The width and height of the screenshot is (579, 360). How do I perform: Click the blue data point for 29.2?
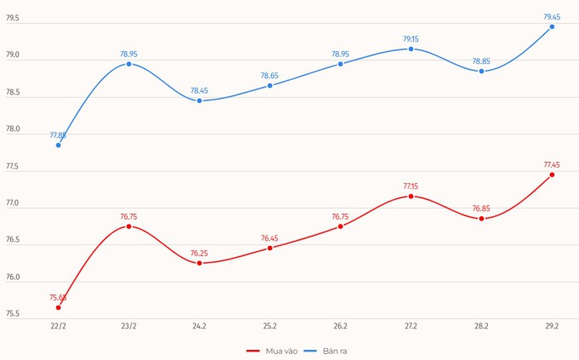tap(552, 26)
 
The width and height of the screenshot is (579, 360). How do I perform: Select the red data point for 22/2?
tap(58, 307)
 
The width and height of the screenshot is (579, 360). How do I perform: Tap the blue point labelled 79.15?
tap(410, 49)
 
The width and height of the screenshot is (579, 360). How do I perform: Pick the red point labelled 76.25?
tap(199, 263)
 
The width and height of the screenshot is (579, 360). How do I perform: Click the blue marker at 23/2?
tap(129, 64)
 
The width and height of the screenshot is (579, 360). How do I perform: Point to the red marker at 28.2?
tap(481, 219)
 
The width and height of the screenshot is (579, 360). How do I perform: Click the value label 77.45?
tap(552, 165)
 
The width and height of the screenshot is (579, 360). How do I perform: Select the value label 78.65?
tap(270, 76)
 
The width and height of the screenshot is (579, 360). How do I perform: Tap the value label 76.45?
tap(270, 238)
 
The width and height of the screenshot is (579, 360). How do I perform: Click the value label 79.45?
tap(552, 17)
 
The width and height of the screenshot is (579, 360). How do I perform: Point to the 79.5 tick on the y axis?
tap(13, 18)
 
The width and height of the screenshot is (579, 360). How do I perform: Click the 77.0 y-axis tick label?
tap(13, 204)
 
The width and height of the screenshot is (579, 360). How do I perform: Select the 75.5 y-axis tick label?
tap(13, 314)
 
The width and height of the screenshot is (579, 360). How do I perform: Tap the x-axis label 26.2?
tap(341, 326)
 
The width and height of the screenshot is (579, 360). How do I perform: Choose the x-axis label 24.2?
tap(199, 326)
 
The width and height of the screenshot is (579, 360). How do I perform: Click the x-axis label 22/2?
tap(58, 326)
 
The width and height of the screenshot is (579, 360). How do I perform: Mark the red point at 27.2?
tap(410, 197)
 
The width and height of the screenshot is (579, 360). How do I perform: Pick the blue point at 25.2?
tap(270, 85)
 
